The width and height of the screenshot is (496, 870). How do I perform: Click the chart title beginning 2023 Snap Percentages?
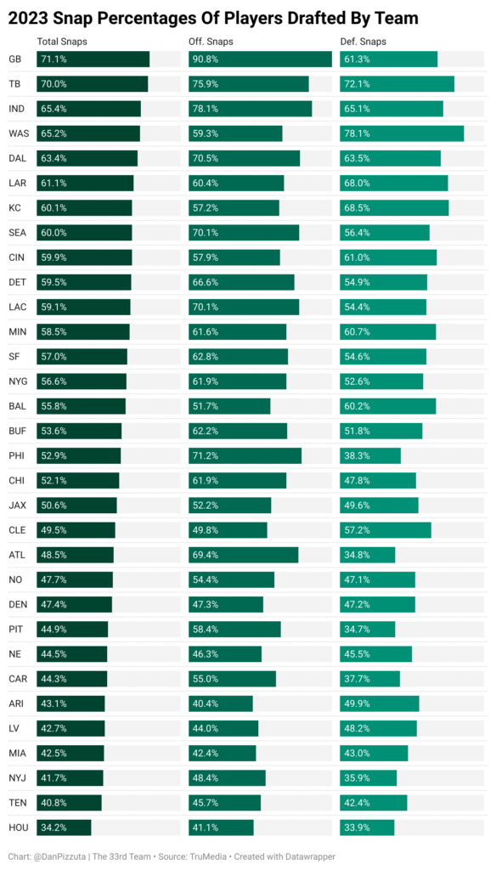point(213,19)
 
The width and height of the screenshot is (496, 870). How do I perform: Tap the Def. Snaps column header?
point(363,42)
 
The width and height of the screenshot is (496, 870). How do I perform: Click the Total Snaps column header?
point(62,42)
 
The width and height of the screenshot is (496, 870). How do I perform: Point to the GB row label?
point(15,59)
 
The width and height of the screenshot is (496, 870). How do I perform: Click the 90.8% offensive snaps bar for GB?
point(260,59)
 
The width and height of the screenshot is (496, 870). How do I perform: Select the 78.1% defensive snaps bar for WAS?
point(402,133)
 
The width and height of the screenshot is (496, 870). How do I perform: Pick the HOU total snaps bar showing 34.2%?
point(64,828)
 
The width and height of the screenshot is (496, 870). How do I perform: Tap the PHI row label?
point(15,455)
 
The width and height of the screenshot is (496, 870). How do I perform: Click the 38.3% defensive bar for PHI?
point(370,455)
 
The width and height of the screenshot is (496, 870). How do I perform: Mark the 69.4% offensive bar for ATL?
point(244,554)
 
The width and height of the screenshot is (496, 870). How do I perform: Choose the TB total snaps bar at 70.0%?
point(93,84)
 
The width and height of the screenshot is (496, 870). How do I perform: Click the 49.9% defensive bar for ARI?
point(380,703)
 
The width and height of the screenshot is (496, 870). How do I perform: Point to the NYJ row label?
point(17,778)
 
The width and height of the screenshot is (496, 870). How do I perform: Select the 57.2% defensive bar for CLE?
point(386,530)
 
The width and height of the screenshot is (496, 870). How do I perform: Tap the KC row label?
point(14,208)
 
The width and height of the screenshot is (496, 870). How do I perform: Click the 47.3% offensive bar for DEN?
point(226,604)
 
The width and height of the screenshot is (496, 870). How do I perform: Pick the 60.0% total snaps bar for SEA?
point(84,233)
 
